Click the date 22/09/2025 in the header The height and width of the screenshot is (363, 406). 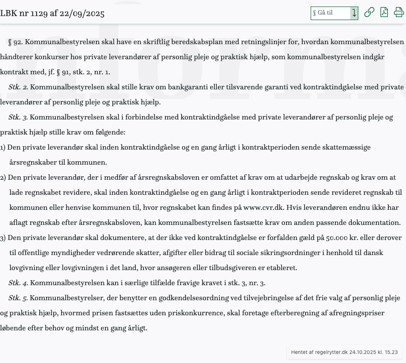[x=82, y=14]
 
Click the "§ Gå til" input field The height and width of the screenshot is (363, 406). [x=331, y=13]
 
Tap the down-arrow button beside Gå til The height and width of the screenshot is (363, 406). [x=354, y=13]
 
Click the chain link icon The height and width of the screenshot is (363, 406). [x=369, y=13]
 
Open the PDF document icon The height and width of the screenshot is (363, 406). [x=384, y=13]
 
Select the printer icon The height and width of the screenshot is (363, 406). [x=399, y=13]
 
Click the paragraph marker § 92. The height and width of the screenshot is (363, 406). [x=16, y=42]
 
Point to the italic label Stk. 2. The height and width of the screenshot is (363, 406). [x=18, y=87]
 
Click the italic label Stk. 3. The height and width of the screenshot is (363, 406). [x=18, y=117]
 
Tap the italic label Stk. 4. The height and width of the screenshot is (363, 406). [x=18, y=283]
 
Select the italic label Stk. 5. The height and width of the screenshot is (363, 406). [x=18, y=298]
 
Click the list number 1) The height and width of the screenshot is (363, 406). [x=3, y=147]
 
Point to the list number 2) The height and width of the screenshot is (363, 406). [x=3, y=177]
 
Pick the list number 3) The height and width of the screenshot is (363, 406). [x=3, y=237]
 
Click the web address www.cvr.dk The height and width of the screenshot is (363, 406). [x=263, y=207]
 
